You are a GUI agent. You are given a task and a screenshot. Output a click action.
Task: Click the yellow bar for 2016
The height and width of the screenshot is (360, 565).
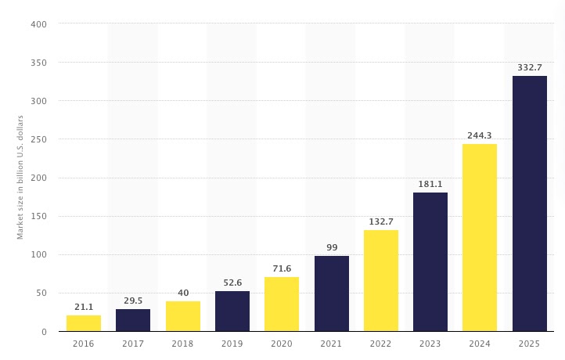pyautogui.click(x=83, y=323)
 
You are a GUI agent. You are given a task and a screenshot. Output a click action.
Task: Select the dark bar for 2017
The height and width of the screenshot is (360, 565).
pyautogui.click(x=133, y=320)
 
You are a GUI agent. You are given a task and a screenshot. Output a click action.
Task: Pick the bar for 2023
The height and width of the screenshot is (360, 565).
pyautogui.click(x=430, y=261)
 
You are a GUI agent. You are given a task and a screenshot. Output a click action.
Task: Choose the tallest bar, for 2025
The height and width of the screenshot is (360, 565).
pyautogui.click(x=530, y=203)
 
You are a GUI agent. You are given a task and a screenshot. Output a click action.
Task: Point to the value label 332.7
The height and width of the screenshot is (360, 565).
pyautogui.click(x=530, y=68)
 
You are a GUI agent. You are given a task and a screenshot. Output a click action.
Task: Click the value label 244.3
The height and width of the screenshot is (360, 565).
pyautogui.click(x=480, y=135)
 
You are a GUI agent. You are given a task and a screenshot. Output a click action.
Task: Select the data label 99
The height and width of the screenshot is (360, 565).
pyautogui.click(x=331, y=247)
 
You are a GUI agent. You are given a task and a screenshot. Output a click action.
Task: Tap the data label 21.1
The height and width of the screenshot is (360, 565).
pyautogui.click(x=83, y=307)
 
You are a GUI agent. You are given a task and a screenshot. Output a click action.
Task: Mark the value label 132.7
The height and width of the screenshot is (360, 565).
pyautogui.click(x=381, y=221)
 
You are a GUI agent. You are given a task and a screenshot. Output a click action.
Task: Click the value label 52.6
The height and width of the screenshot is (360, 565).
pyautogui.click(x=232, y=283)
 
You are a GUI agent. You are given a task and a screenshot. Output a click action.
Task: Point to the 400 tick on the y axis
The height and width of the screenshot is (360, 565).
pyautogui.click(x=40, y=24)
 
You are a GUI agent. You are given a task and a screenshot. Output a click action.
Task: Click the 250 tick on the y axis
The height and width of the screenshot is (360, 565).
pyautogui.click(x=40, y=139)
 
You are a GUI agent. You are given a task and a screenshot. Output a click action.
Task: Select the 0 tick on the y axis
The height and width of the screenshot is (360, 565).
pyautogui.click(x=45, y=332)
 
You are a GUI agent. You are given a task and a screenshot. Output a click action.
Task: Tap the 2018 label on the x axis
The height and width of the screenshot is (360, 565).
pyautogui.click(x=182, y=344)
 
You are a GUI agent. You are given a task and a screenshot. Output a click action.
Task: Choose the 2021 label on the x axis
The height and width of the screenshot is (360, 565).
pyautogui.click(x=331, y=344)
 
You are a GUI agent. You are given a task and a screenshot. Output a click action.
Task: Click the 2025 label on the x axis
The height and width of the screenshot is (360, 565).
pyautogui.click(x=530, y=344)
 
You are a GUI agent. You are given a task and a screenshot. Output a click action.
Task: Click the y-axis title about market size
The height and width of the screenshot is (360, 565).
pyautogui.click(x=20, y=177)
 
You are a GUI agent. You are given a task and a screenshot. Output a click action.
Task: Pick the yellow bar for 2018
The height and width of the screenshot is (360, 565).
pyautogui.click(x=182, y=316)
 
